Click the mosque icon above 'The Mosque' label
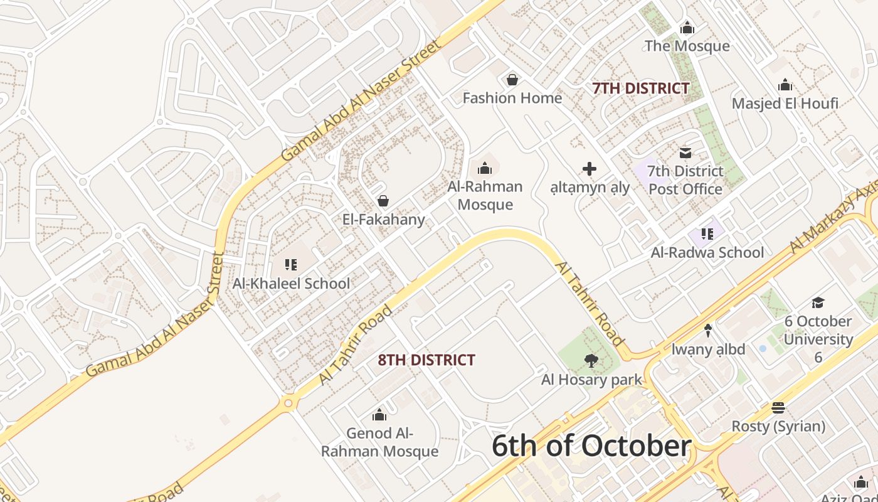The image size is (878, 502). [x=687, y=28]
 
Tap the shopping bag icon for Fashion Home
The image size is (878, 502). [x=512, y=80]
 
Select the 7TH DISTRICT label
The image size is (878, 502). [x=641, y=88]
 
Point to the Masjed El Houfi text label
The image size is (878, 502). [x=785, y=103]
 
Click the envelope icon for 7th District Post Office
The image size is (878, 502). [x=685, y=152]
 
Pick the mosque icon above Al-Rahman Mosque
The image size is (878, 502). [x=485, y=168]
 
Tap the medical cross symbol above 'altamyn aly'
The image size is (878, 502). [x=590, y=168]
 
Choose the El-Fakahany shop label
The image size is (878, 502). [x=383, y=220]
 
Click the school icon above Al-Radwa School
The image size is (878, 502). [x=707, y=234]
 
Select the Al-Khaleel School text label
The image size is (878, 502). [x=291, y=283]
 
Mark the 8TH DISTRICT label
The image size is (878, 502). [x=426, y=360]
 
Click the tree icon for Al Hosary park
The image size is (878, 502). [x=590, y=361]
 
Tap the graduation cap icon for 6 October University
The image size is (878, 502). [x=818, y=303]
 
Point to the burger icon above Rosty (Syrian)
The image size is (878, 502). [x=778, y=408]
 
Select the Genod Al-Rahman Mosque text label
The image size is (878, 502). [x=379, y=442]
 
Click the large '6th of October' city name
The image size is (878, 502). [x=591, y=446]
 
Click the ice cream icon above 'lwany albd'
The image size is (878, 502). [x=708, y=330]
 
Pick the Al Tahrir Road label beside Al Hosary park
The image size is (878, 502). [x=590, y=304]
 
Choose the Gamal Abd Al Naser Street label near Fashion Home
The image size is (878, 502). [x=361, y=100]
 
